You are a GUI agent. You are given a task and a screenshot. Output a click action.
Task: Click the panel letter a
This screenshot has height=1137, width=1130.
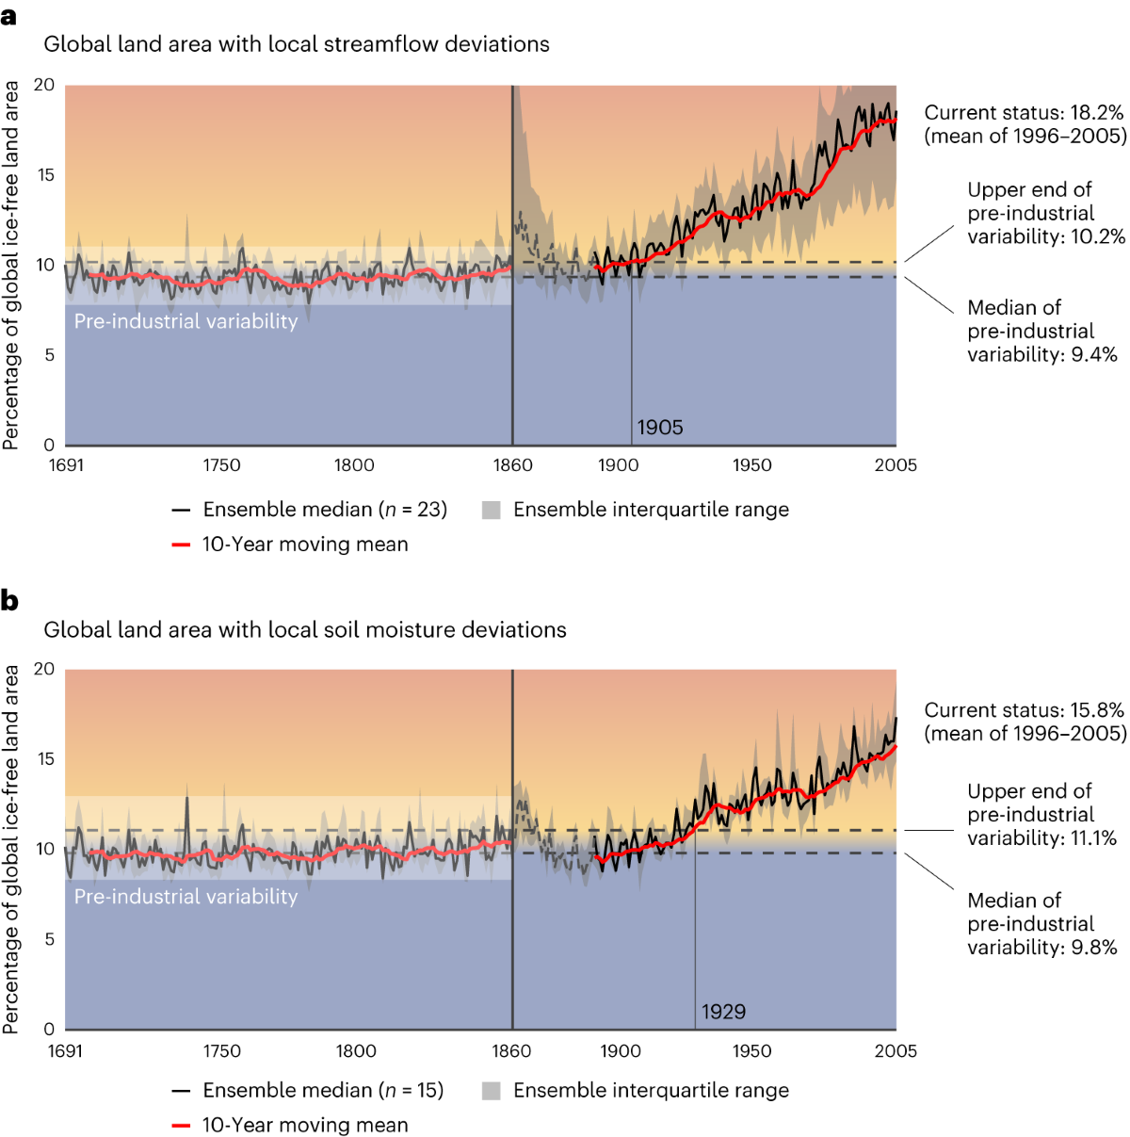coord(9,16)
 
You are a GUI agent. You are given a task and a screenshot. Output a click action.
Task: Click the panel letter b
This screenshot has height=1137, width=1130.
coord(9,600)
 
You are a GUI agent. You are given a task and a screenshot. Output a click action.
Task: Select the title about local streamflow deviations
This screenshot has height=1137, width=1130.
coord(297,44)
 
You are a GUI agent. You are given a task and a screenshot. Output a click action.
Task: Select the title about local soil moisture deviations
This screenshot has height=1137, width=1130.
coord(305,629)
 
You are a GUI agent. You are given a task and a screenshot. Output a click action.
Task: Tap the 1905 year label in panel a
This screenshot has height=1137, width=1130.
coord(659,428)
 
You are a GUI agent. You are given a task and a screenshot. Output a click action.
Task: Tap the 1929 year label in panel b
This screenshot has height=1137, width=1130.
coord(723,1012)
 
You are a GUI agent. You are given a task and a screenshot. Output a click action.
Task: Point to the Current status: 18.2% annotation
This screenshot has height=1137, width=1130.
coord(1024,113)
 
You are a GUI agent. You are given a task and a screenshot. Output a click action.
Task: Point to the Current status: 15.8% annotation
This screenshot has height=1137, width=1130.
coord(1024,710)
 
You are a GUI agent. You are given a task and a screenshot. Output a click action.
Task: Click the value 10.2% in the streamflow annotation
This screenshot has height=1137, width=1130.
coord(1098,236)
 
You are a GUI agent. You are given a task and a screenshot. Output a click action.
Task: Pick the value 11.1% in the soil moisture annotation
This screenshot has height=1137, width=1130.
coord(1094,838)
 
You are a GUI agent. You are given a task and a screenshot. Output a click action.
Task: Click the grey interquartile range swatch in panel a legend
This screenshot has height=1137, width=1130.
coord(491,510)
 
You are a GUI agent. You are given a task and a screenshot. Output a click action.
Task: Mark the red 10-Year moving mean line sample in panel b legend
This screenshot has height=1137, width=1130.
coord(182,1126)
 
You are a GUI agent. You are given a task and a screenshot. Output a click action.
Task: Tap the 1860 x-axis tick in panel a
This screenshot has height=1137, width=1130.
coord(512,465)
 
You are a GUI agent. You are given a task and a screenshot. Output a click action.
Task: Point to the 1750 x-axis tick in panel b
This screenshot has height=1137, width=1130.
coord(221,1051)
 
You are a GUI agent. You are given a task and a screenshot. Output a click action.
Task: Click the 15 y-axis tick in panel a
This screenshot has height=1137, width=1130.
coord(45,175)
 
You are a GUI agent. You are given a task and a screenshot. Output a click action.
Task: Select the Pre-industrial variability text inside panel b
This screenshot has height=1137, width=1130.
coord(186,897)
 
